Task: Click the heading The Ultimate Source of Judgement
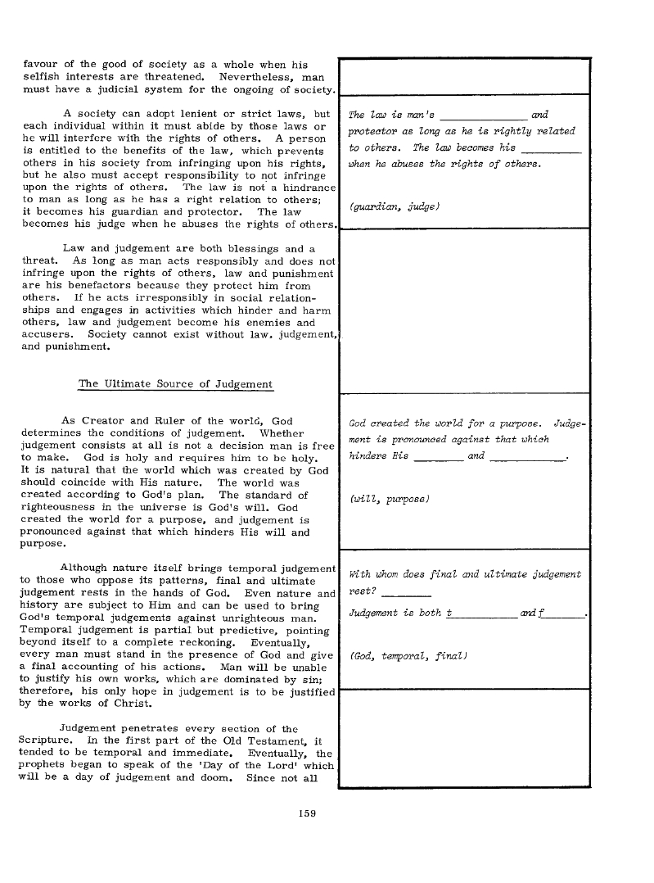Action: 175,383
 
